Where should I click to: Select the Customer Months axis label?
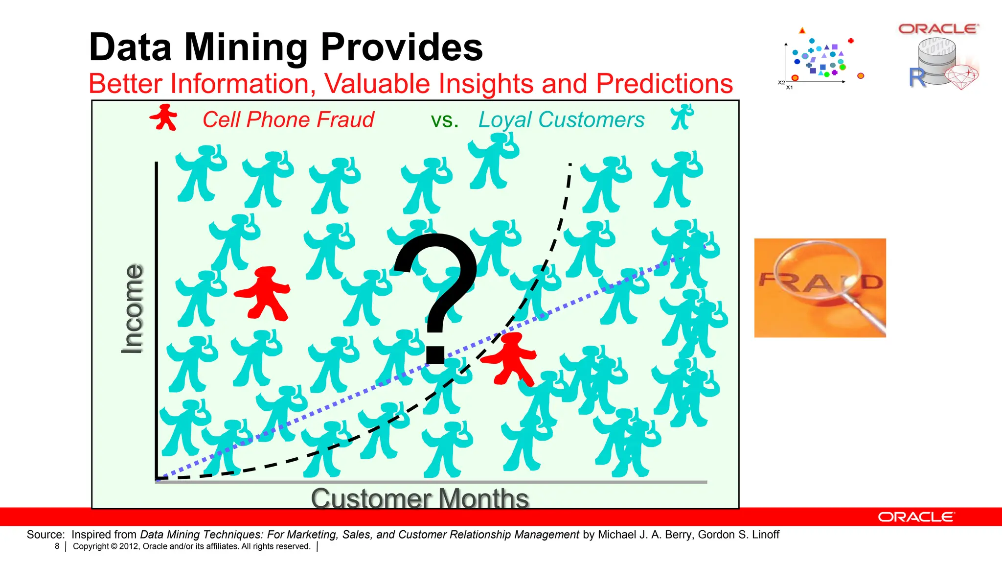420,498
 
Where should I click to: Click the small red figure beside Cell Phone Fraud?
163,117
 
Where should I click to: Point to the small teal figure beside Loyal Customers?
682,117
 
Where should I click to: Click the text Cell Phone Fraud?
288,120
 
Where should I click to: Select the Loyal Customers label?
561,120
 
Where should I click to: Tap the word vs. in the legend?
444,120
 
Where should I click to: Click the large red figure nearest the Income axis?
264,294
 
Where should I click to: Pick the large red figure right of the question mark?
510,359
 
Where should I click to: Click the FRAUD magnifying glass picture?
820,288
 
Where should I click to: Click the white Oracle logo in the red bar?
915,517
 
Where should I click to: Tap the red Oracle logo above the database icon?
938,29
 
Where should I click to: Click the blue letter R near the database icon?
917,77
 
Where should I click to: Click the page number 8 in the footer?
57,546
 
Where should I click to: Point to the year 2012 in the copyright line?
129,546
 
